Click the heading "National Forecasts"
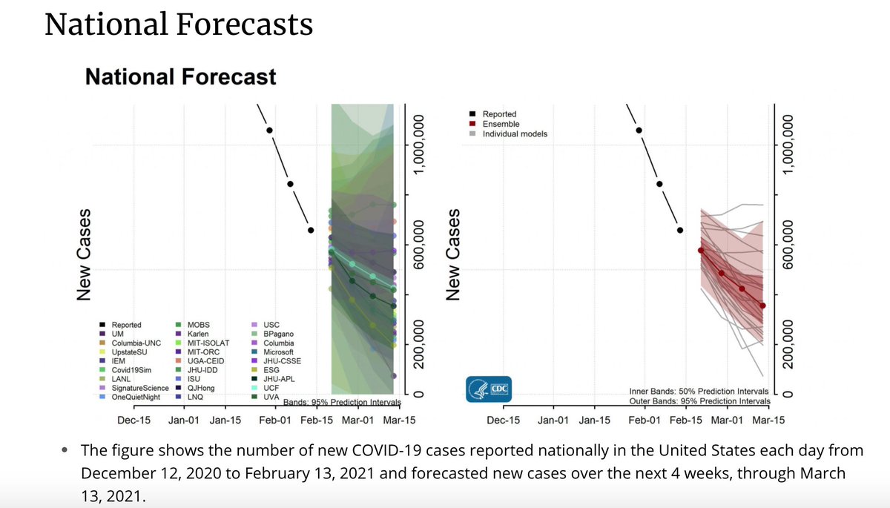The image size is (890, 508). tap(178, 24)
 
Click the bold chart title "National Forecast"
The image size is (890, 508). tap(180, 76)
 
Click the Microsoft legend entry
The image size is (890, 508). tap(277, 352)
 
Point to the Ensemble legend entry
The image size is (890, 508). tap(501, 124)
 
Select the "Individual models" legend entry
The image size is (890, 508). tap(515, 134)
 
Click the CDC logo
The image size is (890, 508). tap(489, 389)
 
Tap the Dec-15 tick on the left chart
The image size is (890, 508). tap(134, 420)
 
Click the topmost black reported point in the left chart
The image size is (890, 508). tap(270, 131)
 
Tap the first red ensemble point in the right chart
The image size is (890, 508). tap(701, 251)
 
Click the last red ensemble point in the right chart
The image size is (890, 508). tap(762, 306)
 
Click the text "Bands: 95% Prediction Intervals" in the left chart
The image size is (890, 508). tap(342, 403)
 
